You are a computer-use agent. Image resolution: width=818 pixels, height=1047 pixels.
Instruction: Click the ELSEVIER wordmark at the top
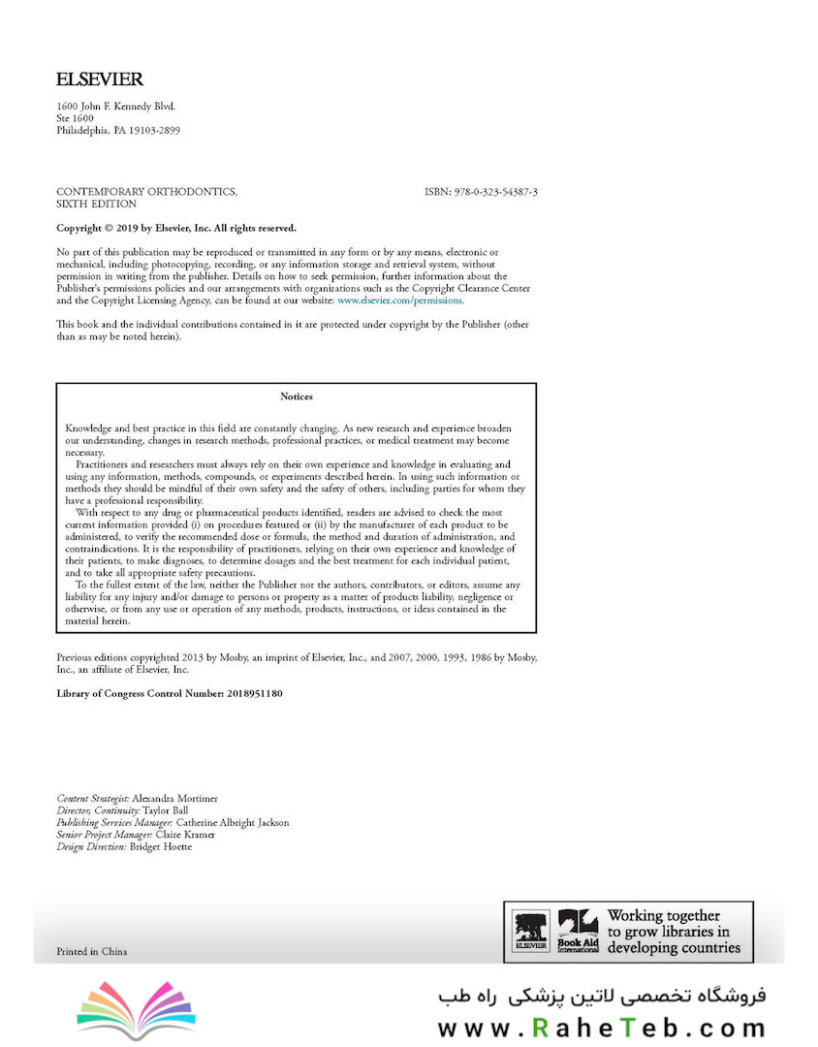(x=100, y=79)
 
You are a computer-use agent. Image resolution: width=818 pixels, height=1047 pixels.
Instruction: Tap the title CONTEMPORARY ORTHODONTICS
(x=146, y=192)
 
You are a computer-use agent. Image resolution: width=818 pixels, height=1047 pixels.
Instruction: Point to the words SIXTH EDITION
(x=96, y=205)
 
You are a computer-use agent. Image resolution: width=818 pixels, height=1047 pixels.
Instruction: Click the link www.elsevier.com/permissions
(x=400, y=301)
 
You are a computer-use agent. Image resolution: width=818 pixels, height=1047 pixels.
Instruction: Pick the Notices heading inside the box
(x=297, y=397)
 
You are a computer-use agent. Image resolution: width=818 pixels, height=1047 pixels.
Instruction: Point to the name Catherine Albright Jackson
(x=233, y=823)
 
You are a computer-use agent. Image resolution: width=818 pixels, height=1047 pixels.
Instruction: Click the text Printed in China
(x=92, y=951)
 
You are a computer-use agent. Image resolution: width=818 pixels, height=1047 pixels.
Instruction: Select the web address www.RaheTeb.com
(x=602, y=1027)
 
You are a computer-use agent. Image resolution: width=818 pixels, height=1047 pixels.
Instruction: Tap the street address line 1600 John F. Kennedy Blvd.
(x=116, y=107)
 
